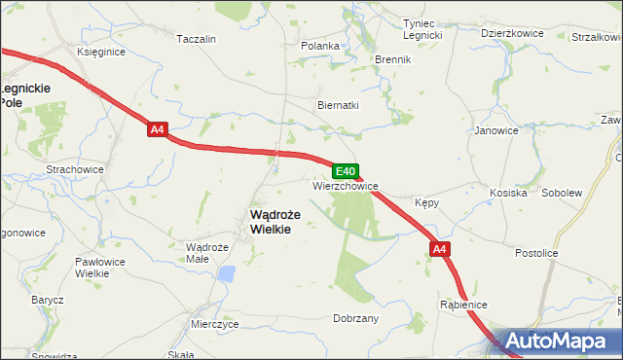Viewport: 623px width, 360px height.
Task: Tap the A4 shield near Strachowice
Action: pyautogui.click(x=158, y=128)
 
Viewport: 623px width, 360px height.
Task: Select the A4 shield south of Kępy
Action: pyautogui.click(x=440, y=249)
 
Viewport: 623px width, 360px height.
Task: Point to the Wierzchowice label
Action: pyautogui.click(x=346, y=185)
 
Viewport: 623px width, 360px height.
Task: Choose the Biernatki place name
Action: pyautogui.click(x=339, y=105)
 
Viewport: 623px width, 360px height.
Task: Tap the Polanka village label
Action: pyautogui.click(x=320, y=46)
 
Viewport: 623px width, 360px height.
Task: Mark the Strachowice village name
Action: pyautogui.click(x=75, y=169)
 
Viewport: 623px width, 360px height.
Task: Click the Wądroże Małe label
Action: pyautogui.click(x=206, y=253)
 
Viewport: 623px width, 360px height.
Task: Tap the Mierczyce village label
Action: pyautogui.click(x=214, y=324)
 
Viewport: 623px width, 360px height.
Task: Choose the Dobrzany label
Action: pyautogui.click(x=355, y=318)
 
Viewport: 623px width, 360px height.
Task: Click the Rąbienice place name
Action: pyautogui.click(x=463, y=304)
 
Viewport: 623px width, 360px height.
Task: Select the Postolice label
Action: pyautogui.click(x=536, y=253)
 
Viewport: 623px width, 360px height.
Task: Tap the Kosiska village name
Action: pyautogui.click(x=507, y=193)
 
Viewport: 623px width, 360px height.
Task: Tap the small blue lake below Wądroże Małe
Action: pyautogui.click(x=226, y=273)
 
